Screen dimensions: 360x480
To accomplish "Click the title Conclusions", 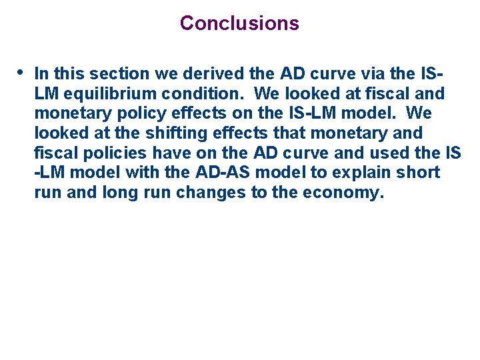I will point(239,23).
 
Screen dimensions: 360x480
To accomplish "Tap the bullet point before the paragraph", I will point(21,71).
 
